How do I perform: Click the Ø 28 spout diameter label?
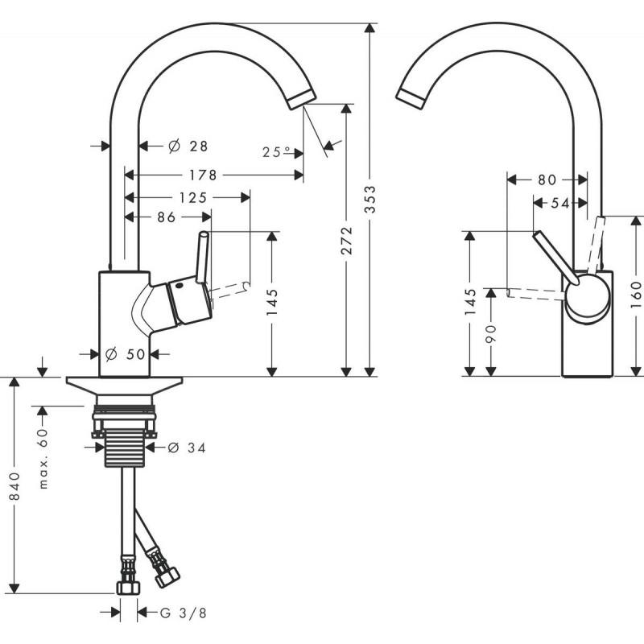[188, 146]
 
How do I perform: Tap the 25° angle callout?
[276, 151]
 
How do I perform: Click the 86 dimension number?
[167, 217]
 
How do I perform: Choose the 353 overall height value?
[370, 205]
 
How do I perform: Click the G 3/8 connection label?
[178, 613]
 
